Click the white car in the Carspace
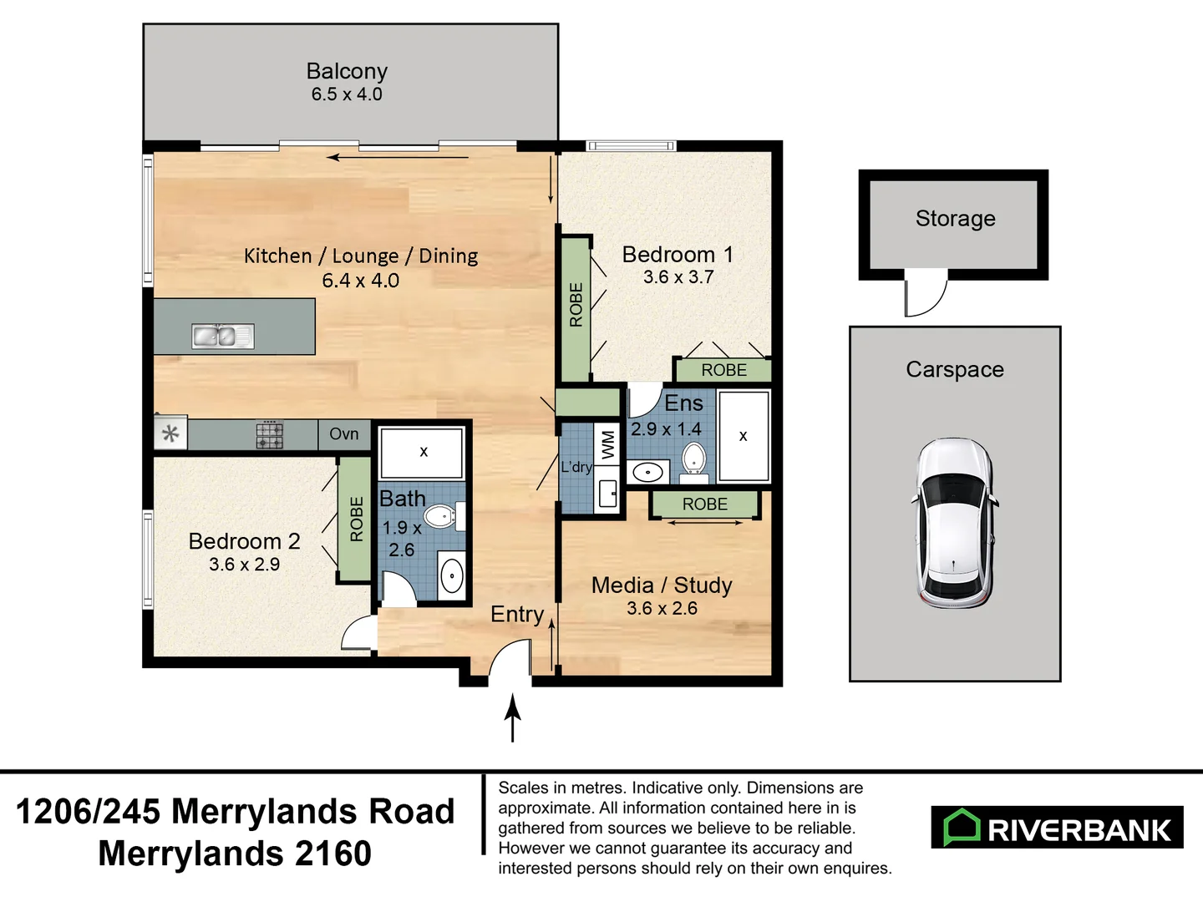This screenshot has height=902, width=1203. [x=954, y=523]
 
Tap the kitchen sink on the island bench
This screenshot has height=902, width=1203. [x=223, y=337]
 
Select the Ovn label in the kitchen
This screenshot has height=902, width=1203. [x=344, y=433]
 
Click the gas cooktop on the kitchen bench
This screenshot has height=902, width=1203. [x=270, y=435]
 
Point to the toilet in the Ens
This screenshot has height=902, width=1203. [x=694, y=463]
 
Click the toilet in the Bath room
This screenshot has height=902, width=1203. [x=444, y=516]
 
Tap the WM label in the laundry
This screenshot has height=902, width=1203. [x=608, y=444]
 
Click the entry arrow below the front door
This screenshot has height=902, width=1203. [x=512, y=718]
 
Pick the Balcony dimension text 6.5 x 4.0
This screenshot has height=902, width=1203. [x=347, y=94]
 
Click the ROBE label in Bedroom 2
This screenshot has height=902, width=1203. [x=356, y=519]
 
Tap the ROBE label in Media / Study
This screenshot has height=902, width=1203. [x=705, y=504]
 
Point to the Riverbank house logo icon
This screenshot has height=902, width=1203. [x=962, y=827]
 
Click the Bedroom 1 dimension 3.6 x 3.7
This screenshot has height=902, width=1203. [x=678, y=277]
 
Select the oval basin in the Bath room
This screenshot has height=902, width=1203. [x=452, y=575]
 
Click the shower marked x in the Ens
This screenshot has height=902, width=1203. [x=744, y=436]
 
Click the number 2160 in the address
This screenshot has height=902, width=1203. [x=333, y=854]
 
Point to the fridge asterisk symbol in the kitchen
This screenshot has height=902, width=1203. [x=170, y=434]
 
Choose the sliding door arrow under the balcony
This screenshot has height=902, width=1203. [x=398, y=158]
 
